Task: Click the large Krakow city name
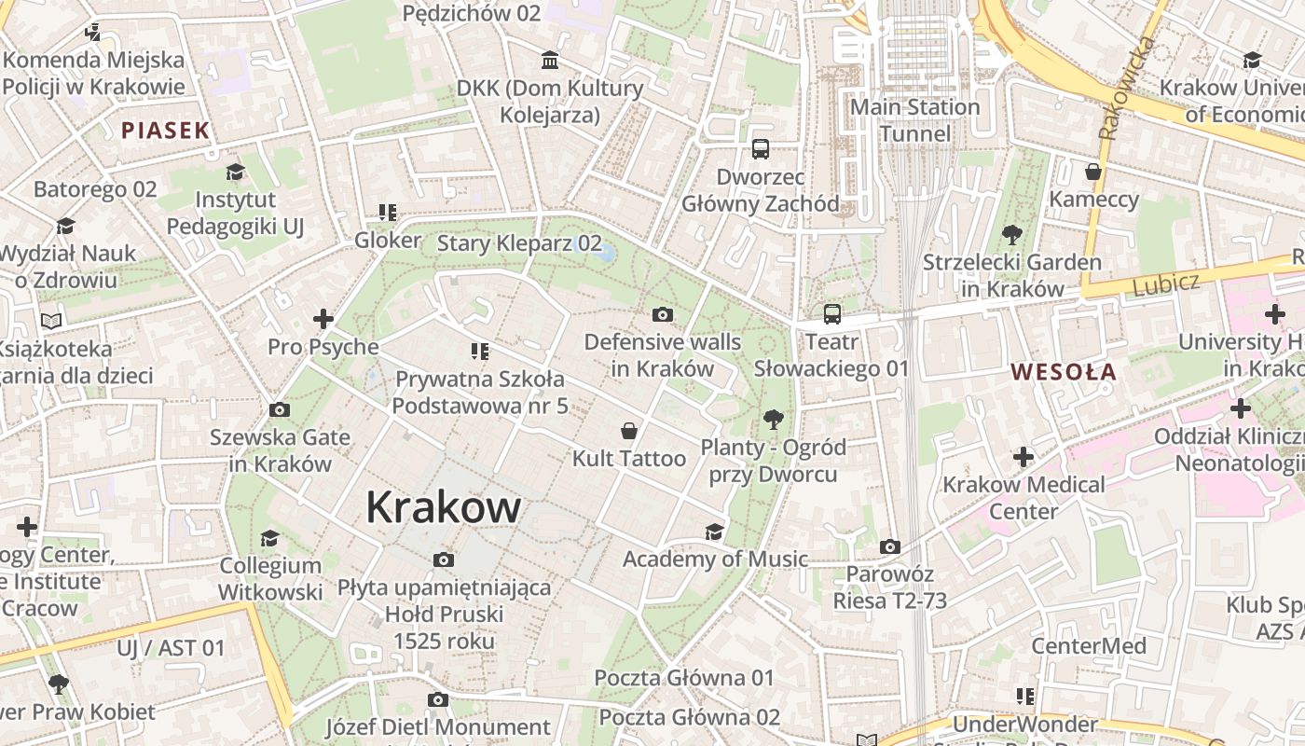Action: [x=443, y=507]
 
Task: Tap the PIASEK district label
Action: [x=165, y=131]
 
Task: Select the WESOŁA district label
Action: [x=1064, y=372]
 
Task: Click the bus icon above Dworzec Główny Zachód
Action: [x=760, y=149]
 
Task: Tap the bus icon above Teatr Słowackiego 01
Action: [x=831, y=314]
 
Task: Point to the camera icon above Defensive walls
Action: [x=662, y=314]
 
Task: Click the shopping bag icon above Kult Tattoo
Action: [x=629, y=431]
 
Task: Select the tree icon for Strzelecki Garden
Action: [x=1011, y=235]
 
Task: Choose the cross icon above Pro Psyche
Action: [x=323, y=320]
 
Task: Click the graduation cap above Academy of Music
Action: [x=714, y=532]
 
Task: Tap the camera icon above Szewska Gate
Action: [x=279, y=409]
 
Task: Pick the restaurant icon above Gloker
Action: [x=388, y=213]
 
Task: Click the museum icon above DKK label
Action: [x=550, y=62]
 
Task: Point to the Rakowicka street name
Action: [x=1126, y=89]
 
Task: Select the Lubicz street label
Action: [x=1165, y=283]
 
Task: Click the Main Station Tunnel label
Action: [x=915, y=120]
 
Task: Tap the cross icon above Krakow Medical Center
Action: [x=1023, y=457]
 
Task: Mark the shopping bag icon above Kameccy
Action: [x=1093, y=172]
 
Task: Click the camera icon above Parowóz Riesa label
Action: [x=889, y=546]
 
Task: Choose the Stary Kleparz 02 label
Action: [x=519, y=243]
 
